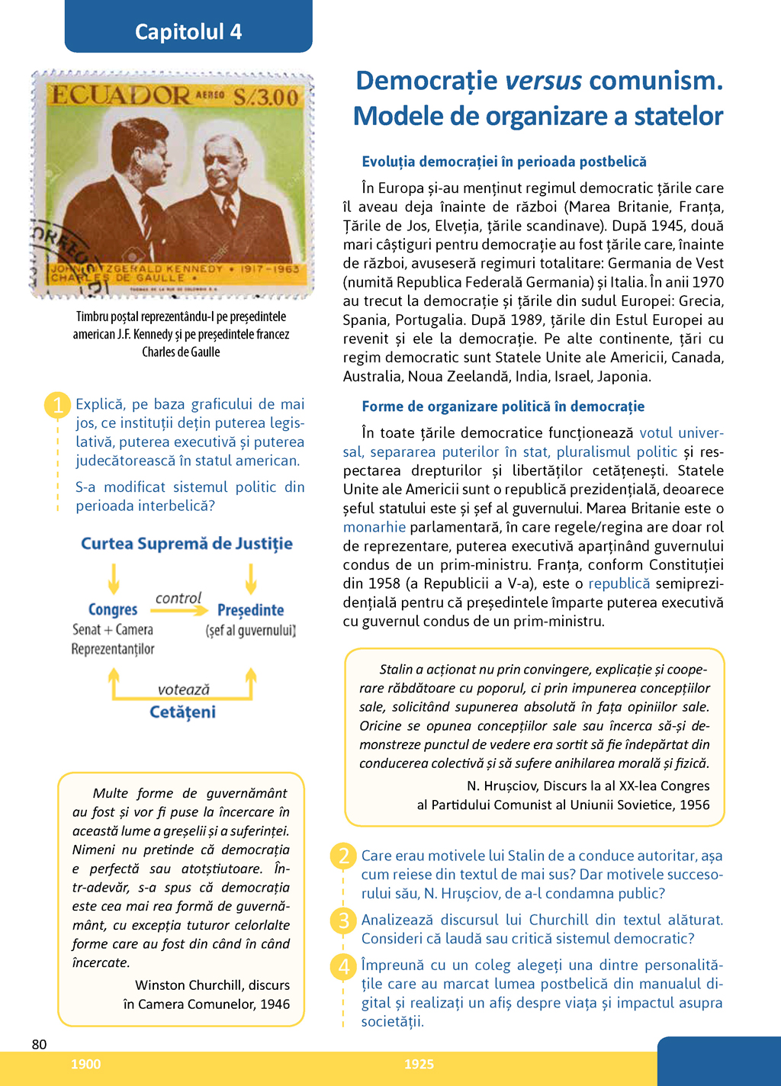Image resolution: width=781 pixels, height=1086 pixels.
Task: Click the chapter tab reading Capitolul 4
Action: click(188, 31)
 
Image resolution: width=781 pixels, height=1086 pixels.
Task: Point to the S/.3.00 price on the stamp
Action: click(265, 98)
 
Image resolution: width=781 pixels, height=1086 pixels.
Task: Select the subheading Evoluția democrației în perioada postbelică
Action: click(503, 162)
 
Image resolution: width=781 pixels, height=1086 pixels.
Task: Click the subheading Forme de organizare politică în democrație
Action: click(503, 406)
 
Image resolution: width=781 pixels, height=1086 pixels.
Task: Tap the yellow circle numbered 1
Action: click(58, 404)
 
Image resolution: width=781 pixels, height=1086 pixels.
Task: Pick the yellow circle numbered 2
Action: click(344, 856)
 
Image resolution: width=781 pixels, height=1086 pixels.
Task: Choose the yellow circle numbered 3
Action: click(344, 921)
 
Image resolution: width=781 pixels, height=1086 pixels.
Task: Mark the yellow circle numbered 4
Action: click(344, 966)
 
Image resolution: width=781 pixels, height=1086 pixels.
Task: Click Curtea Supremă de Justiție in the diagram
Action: click(187, 544)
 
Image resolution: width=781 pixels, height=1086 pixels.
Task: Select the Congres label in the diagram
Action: click(113, 609)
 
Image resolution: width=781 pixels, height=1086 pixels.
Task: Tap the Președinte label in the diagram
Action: click(250, 610)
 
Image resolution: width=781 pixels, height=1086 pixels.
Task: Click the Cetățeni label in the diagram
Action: click(182, 712)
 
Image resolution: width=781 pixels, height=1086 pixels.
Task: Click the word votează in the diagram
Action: click(183, 689)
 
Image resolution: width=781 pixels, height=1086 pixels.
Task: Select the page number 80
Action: click(39, 1045)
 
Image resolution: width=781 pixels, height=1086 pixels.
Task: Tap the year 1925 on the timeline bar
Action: click(419, 1065)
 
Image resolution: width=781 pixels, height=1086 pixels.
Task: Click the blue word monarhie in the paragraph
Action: click(374, 527)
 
